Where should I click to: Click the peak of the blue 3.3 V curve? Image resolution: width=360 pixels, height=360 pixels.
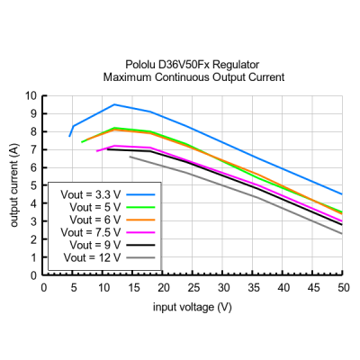(x=114, y=104)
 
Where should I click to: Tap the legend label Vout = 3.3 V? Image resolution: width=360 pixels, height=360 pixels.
(x=91, y=194)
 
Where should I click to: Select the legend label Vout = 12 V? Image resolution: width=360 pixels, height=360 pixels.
(x=92, y=257)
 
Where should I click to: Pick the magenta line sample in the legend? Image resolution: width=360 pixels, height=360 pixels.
(x=140, y=232)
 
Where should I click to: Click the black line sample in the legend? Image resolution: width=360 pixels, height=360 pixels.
(x=140, y=245)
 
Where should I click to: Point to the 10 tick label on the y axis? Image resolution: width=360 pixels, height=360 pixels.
(x=31, y=96)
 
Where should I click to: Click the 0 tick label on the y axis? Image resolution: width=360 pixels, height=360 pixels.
(x=33, y=275)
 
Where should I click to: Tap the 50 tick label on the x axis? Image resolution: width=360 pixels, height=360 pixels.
(x=344, y=288)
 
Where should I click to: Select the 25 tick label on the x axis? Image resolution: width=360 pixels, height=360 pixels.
(x=193, y=288)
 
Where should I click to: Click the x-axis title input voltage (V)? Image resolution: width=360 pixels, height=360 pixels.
(x=193, y=307)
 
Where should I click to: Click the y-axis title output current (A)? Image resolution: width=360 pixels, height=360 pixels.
(x=14, y=185)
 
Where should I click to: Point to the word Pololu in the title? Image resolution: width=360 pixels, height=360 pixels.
(x=140, y=65)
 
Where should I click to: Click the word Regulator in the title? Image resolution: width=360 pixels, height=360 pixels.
(x=236, y=65)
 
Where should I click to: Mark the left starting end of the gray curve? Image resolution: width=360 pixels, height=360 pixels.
(x=130, y=157)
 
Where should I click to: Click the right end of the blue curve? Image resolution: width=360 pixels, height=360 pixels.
(x=342, y=194)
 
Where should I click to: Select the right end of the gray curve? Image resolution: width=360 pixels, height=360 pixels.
(x=342, y=234)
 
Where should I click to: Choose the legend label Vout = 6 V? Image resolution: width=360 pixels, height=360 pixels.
(x=95, y=220)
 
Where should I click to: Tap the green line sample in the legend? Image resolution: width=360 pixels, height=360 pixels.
(x=140, y=207)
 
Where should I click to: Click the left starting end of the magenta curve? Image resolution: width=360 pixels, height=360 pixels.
(x=96, y=151)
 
